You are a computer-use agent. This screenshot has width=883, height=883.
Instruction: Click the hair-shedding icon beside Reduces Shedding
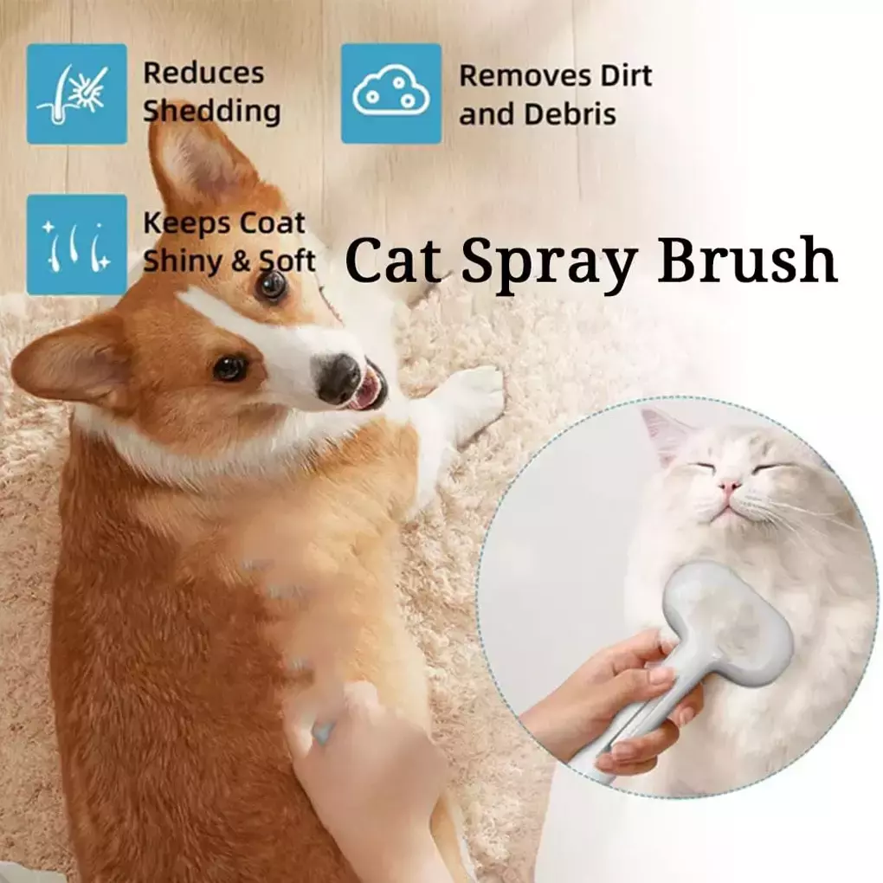tap(76, 93)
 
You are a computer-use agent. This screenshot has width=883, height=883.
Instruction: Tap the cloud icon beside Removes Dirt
tap(391, 93)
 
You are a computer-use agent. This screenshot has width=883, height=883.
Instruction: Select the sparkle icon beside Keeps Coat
tap(76, 244)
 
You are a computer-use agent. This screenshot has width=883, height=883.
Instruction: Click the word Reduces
tap(203, 74)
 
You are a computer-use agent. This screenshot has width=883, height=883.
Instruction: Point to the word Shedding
tap(212, 111)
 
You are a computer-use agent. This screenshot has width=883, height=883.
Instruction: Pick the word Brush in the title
tap(747, 260)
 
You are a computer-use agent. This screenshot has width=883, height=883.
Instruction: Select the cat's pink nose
tap(729, 486)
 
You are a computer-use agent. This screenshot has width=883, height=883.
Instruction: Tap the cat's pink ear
tap(665, 434)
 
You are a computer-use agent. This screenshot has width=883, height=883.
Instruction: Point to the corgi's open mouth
tap(370, 389)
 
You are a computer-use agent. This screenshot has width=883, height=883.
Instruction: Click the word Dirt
tap(626, 75)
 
